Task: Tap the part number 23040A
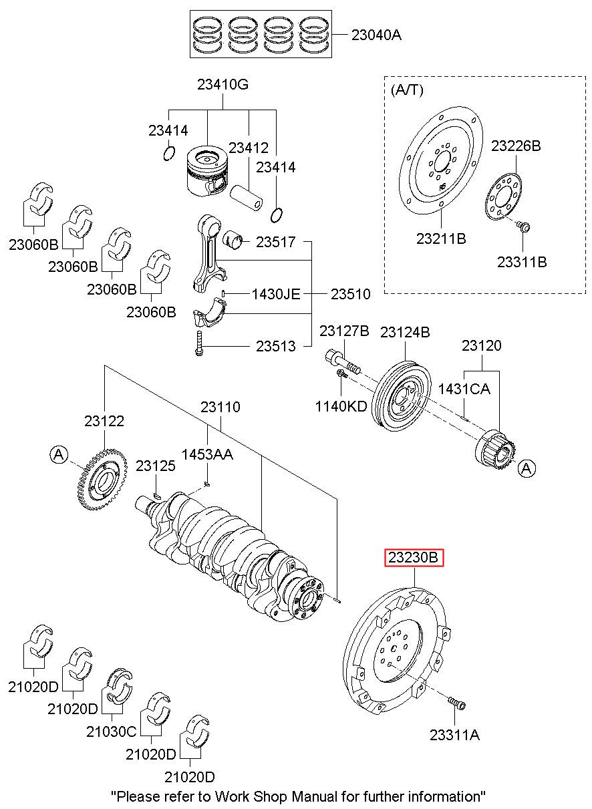pos(376,35)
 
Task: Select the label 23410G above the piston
pos(223,85)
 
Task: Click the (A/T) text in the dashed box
pos(407,90)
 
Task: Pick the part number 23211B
pos(440,237)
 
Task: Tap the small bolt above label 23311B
pos(525,228)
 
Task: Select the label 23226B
pos(516,146)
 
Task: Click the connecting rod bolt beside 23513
pos(199,344)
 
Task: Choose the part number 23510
pos(350,293)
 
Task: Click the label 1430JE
pos(275,293)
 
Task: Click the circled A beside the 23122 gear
pos(59,455)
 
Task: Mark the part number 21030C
pos(111,732)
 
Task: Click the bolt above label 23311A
pos(456,703)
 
